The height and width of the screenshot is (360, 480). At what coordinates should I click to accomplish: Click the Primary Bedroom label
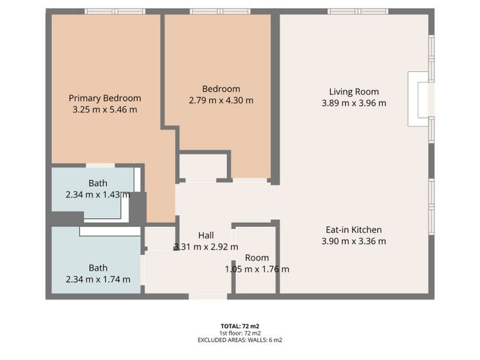(x=105, y=98)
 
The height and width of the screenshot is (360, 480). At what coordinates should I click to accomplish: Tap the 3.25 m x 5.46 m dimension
(x=105, y=110)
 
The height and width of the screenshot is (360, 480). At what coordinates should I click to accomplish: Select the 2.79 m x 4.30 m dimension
(x=221, y=100)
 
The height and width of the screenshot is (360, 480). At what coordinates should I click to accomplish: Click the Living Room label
(x=354, y=92)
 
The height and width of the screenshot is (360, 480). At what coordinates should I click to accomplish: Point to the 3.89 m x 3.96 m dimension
(x=354, y=103)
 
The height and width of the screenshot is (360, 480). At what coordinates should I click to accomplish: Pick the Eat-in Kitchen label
(x=354, y=230)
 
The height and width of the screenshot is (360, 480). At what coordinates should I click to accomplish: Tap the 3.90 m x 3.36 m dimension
(x=354, y=241)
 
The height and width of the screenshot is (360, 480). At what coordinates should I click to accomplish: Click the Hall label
(x=206, y=235)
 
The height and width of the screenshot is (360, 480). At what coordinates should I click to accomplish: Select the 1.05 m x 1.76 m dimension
(x=257, y=269)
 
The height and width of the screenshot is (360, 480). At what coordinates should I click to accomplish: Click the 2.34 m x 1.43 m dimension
(x=97, y=195)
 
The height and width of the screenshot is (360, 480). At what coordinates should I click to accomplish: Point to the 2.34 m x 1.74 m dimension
(x=98, y=280)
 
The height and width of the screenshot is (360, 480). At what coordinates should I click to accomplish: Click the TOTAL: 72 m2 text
(x=240, y=326)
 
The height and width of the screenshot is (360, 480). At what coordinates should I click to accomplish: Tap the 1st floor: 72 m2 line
(x=240, y=333)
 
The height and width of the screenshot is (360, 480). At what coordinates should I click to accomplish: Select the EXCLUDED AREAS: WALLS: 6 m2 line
(x=240, y=340)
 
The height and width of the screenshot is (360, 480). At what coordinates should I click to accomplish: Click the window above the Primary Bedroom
(x=115, y=12)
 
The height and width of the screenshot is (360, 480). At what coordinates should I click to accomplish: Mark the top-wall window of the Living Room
(x=358, y=12)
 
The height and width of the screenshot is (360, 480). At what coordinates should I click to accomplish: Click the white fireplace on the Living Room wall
(x=418, y=99)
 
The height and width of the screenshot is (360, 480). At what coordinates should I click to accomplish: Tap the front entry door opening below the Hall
(x=208, y=296)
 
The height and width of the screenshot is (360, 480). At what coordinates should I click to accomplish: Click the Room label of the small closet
(x=257, y=258)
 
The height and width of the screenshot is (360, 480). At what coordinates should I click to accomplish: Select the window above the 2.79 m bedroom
(x=220, y=12)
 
